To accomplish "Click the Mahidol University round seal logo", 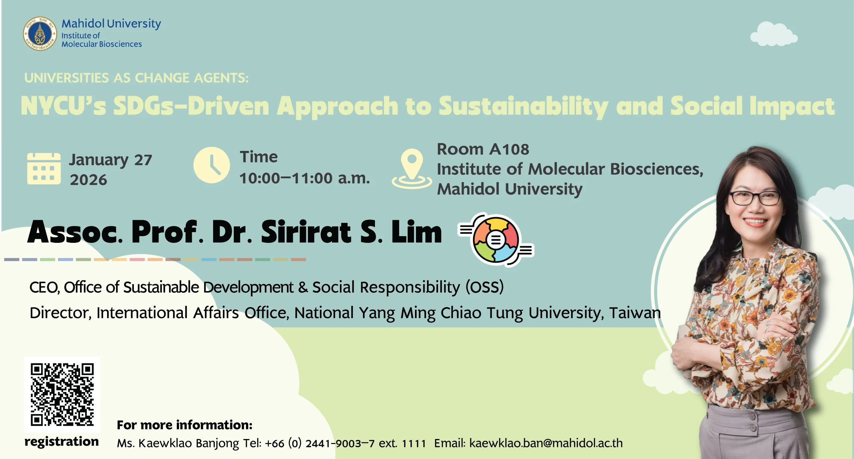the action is tap(40, 34).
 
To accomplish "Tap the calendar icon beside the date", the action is tap(44, 169).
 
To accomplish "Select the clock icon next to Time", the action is tap(211, 165).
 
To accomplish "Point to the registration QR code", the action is tap(62, 394).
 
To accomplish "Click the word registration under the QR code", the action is tap(62, 442).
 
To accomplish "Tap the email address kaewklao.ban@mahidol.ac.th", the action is tap(546, 443).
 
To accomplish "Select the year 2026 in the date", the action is tap(88, 180).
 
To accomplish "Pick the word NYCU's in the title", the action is tap(63, 106).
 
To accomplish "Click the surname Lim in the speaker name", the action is tap(417, 232).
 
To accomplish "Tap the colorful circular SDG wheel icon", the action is tap(496, 239).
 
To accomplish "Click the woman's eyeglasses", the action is tap(755, 198).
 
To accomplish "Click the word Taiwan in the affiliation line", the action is tap(635, 313).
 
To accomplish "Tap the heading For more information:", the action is tap(184, 425).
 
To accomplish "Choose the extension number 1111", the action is tap(414, 444).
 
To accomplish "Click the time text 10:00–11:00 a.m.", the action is tap(305, 178).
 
